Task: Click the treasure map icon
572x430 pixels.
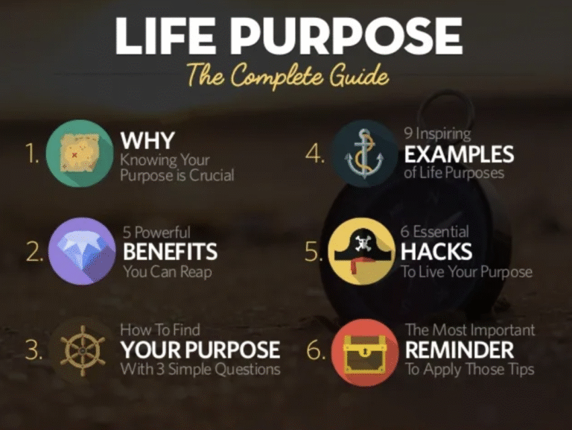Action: point(80,154)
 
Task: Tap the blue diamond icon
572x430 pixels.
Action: point(82,251)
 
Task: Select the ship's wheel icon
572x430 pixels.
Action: point(83,350)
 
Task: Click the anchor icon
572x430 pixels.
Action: point(364,154)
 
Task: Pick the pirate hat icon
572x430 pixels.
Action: point(361,251)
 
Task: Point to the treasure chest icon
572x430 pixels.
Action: point(365,352)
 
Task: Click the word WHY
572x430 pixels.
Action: point(147,141)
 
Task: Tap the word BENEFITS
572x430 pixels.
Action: point(170,251)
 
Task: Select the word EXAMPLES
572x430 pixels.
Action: point(459,154)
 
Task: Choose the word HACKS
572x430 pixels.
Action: point(436,251)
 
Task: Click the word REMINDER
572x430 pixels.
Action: point(460,350)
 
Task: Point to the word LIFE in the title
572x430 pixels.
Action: point(165,36)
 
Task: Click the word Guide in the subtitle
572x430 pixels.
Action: point(359,76)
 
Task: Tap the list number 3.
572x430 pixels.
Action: point(34,350)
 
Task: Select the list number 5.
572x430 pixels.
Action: point(314,252)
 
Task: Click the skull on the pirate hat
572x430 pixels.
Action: point(363,242)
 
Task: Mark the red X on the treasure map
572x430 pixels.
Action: point(74,155)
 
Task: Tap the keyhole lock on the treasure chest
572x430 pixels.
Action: point(364,352)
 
